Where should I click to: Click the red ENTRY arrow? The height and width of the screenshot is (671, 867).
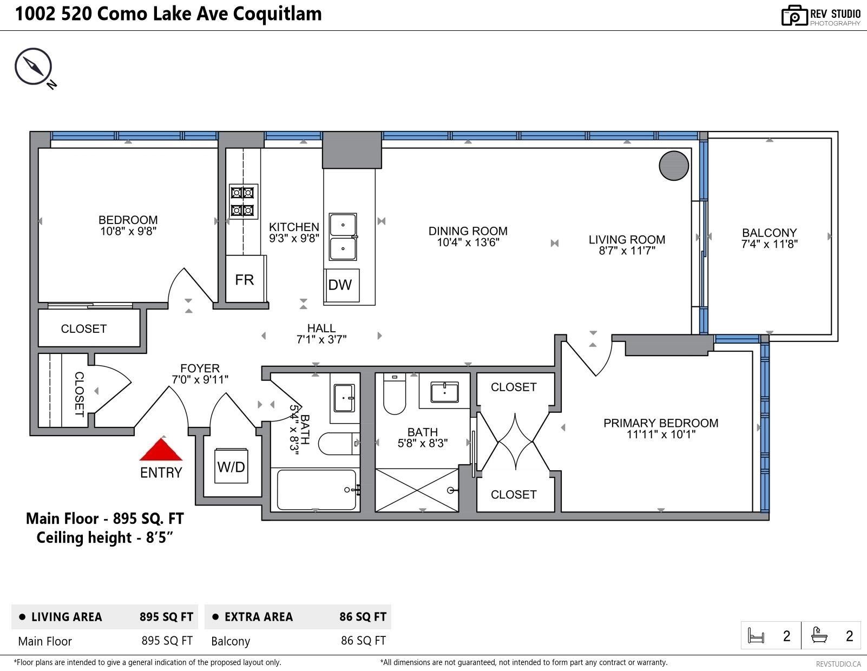(x=161, y=450)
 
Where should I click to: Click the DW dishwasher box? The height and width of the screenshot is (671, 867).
(x=341, y=285)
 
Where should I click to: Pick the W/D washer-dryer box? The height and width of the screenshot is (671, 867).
(x=231, y=466)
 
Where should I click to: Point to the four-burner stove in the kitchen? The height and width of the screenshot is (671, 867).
(x=243, y=201)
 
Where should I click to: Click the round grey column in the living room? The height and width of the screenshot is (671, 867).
(x=674, y=166)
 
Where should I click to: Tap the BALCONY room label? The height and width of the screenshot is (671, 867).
(x=769, y=233)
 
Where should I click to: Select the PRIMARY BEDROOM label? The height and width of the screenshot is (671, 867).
(x=661, y=423)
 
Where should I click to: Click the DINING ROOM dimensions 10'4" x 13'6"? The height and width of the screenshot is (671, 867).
(x=468, y=242)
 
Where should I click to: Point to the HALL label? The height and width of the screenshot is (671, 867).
(x=321, y=328)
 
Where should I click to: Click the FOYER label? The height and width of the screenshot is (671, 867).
(x=200, y=368)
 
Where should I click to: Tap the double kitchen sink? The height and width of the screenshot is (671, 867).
(x=343, y=237)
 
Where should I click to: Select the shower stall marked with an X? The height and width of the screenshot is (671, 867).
(x=417, y=490)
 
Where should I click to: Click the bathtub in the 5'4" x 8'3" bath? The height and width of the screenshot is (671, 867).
(x=317, y=490)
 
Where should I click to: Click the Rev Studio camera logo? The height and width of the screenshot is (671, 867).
(x=794, y=15)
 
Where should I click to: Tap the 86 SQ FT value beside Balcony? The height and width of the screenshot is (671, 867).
(x=363, y=641)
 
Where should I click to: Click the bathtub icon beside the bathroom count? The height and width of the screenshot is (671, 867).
(x=819, y=635)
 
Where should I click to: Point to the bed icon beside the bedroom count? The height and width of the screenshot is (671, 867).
(x=756, y=635)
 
